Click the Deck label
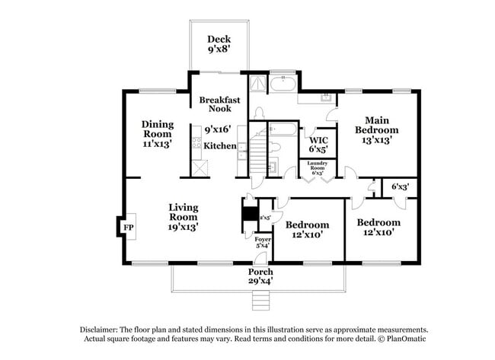pyautogui.click(x=219, y=45)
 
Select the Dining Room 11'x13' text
pyautogui.click(x=158, y=134)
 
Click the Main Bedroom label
pyautogui.click(x=377, y=130)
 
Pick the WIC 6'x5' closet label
pyautogui.click(x=318, y=145)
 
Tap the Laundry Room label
pyautogui.click(x=318, y=167)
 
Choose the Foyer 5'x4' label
pyautogui.click(x=263, y=243)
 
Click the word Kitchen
pyautogui.click(x=220, y=145)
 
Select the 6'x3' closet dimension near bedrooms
pyautogui.click(x=400, y=186)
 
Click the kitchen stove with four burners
pyautogui.click(x=196, y=142)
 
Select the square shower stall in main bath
pyautogui.click(x=257, y=82)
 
